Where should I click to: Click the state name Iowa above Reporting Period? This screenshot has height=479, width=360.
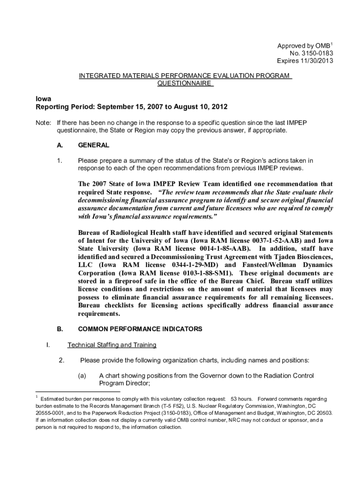43,99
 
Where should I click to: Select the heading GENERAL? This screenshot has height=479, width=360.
94,145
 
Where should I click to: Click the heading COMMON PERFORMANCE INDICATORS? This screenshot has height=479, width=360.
140,329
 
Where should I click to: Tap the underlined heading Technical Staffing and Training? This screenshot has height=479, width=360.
112,345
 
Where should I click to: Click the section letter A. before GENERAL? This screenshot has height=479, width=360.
60,145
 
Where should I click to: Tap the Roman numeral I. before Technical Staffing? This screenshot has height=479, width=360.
48,345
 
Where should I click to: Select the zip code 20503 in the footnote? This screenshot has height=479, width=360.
324,413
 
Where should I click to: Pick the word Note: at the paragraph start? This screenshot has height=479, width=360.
44,123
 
